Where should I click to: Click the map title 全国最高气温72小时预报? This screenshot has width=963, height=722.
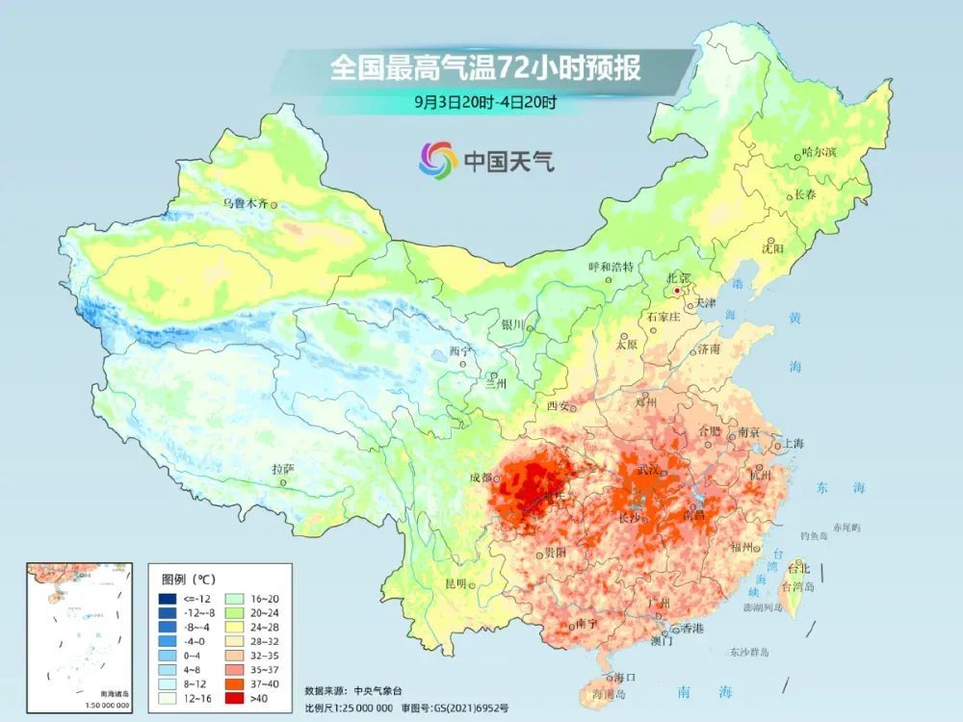click(x=485, y=69)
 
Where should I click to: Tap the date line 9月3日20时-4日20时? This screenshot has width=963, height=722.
click(x=485, y=100)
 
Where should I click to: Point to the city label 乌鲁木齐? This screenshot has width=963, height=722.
click(x=243, y=203)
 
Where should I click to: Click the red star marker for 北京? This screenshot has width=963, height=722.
click(x=678, y=289)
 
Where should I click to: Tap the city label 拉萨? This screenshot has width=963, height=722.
click(x=281, y=469)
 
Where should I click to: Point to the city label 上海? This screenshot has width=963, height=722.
click(x=794, y=444)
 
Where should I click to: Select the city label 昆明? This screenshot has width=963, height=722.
click(x=455, y=583)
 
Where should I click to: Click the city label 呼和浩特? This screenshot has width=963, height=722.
click(x=612, y=267)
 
